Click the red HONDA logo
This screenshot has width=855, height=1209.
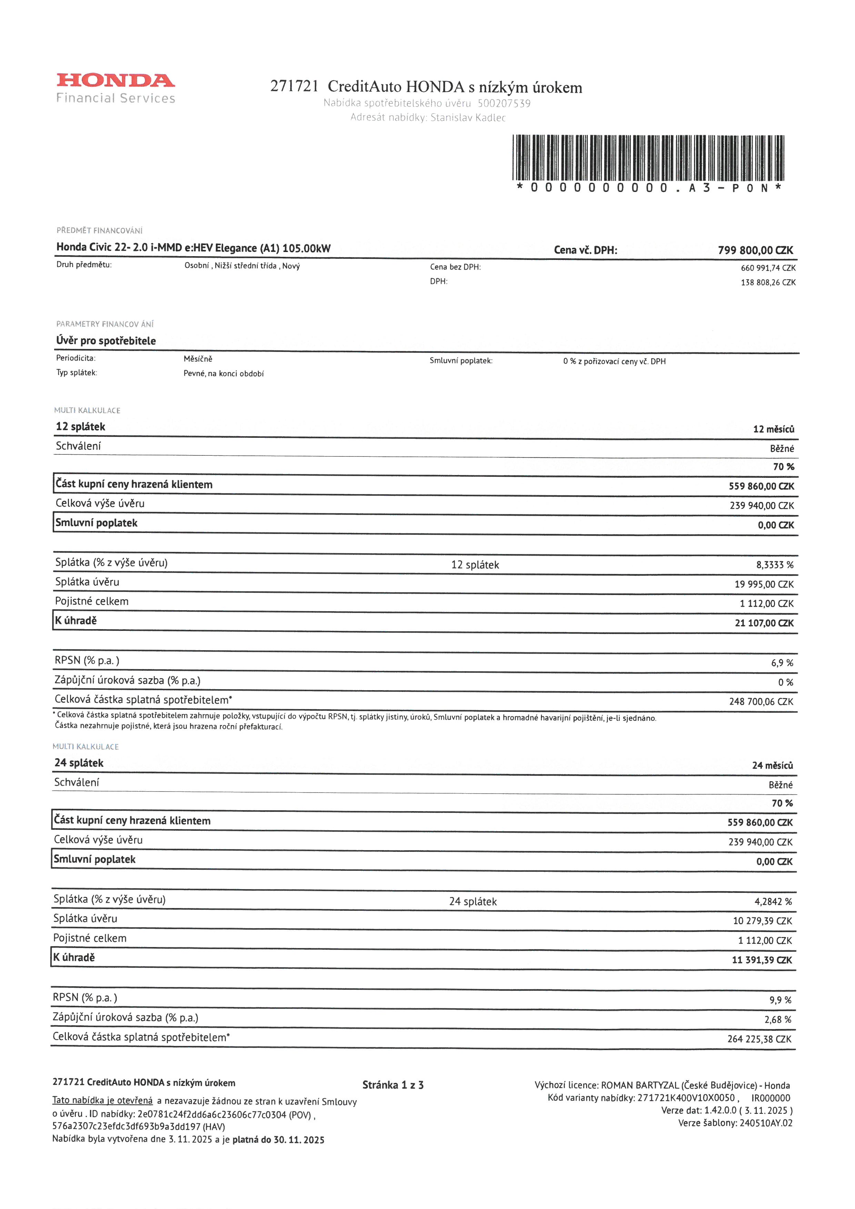(x=116, y=81)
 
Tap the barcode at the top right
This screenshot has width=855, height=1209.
(x=648, y=158)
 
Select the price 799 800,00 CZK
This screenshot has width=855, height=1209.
(x=755, y=250)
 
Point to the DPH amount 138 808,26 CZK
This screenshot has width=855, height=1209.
(x=768, y=282)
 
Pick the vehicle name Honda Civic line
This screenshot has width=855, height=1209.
(x=193, y=248)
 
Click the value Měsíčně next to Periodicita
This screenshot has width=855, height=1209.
(x=198, y=359)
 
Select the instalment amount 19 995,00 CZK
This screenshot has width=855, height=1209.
(x=763, y=584)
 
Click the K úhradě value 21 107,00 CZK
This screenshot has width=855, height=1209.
(x=764, y=623)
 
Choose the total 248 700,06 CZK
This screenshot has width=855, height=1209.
(x=761, y=702)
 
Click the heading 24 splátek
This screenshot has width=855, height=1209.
(x=79, y=763)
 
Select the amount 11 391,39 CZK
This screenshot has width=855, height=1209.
(x=761, y=960)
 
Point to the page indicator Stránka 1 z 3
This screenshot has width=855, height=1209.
(x=393, y=1085)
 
